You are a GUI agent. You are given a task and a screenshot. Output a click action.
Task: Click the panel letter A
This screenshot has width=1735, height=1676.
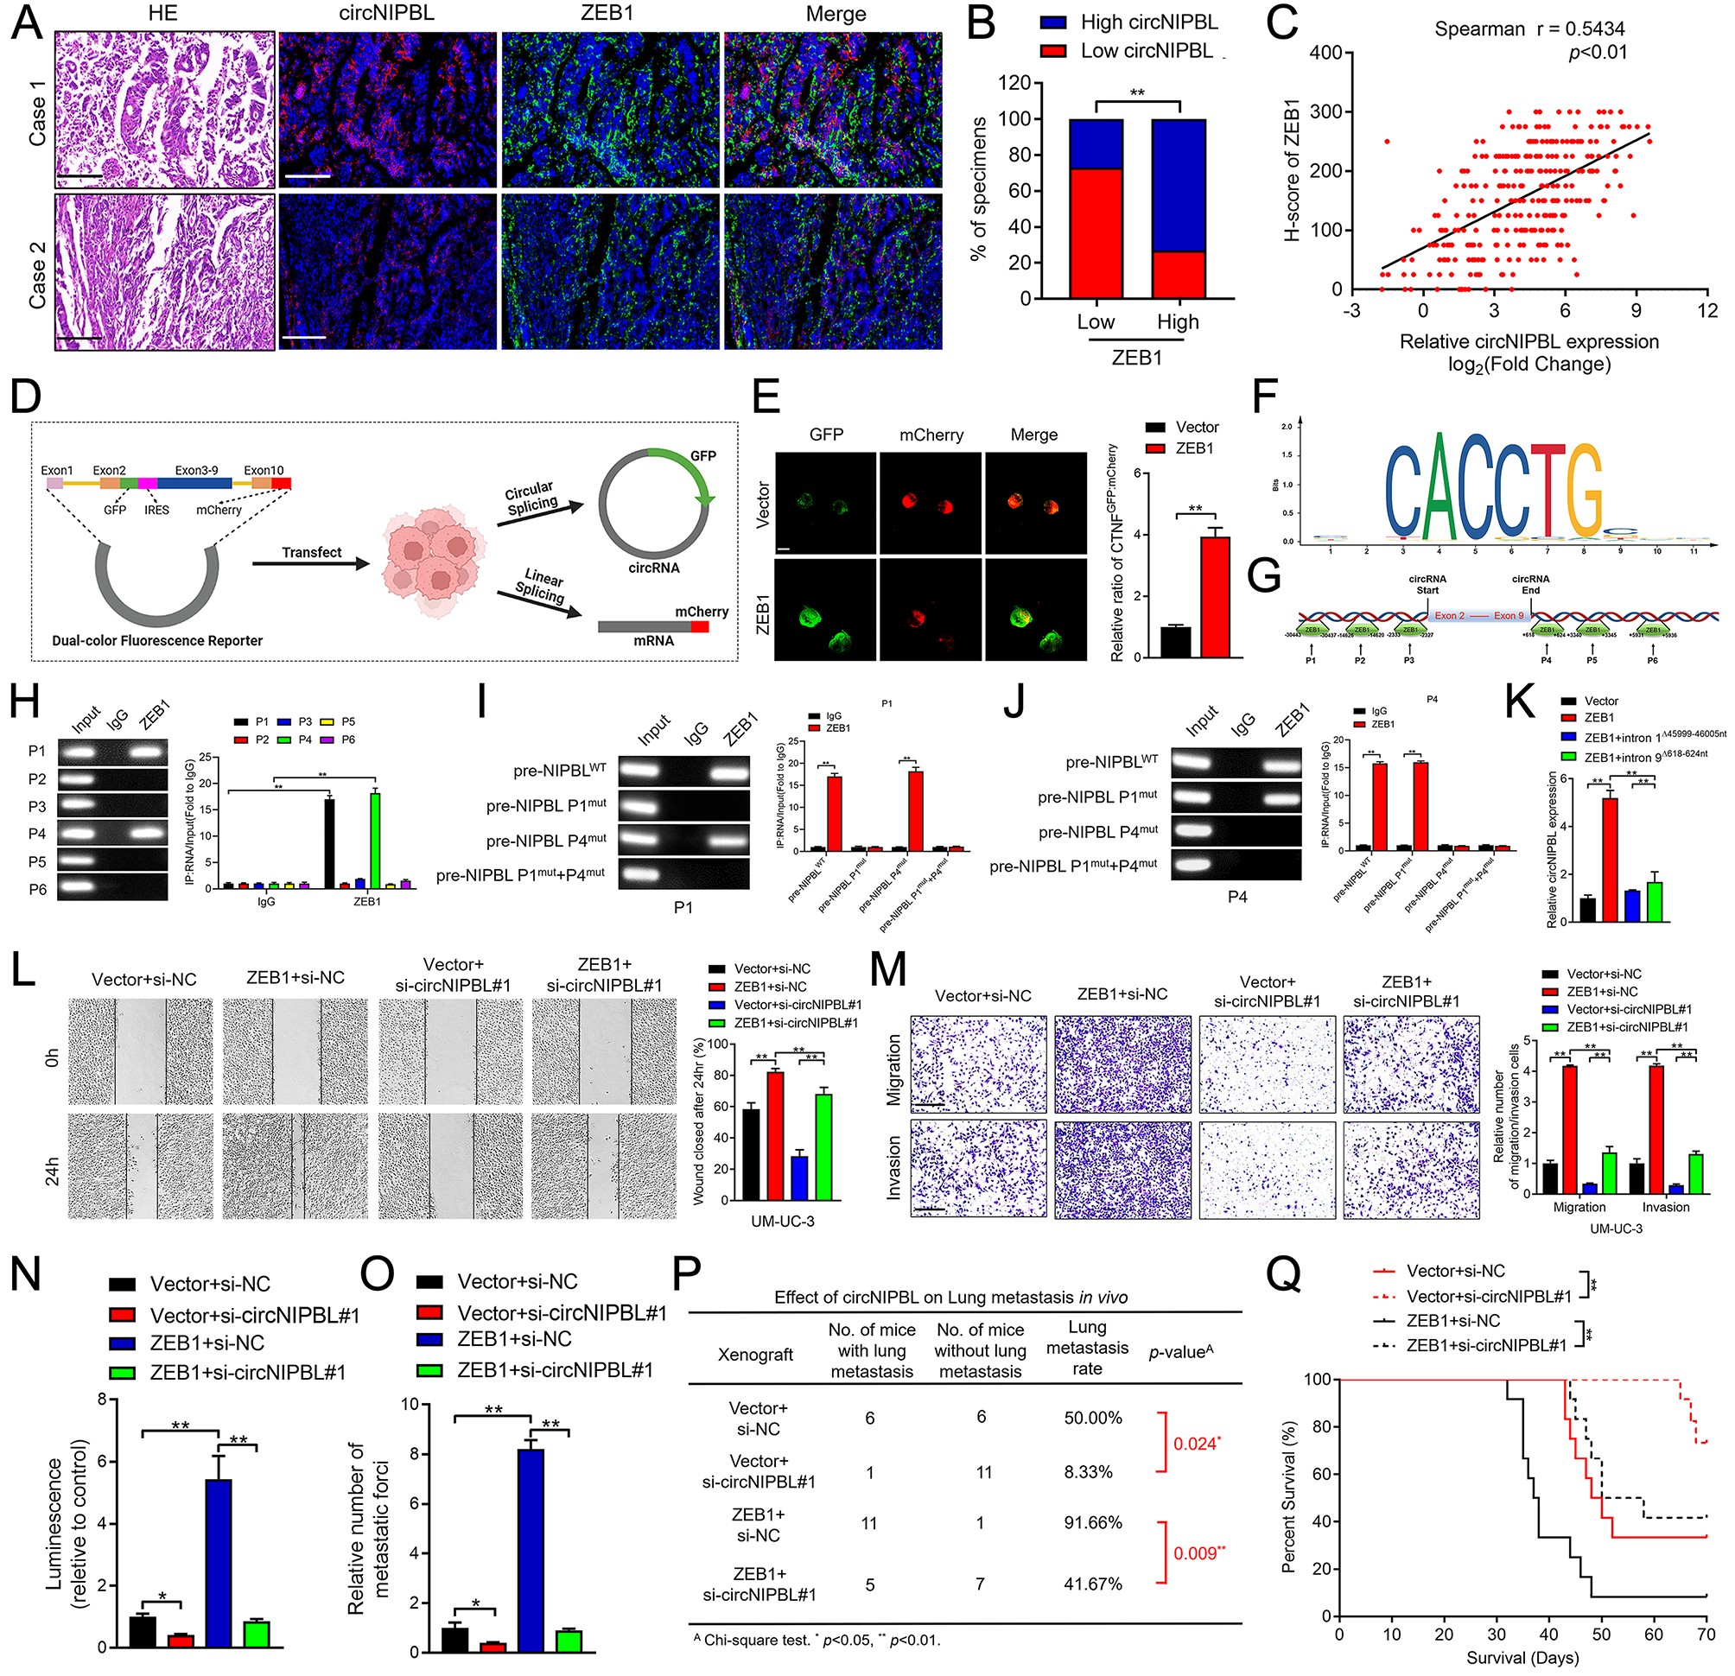click(x=27, y=22)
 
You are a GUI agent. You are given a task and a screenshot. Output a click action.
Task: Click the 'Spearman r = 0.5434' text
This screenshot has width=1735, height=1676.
click(x=1528, y=29)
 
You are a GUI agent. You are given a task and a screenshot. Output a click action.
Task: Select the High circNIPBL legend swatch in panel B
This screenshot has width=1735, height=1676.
click(x=1053, y=23)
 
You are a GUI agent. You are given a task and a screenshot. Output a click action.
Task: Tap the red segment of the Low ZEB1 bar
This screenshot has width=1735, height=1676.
click(x=1096, y=232)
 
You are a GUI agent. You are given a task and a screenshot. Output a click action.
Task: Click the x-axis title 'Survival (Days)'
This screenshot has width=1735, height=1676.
click(x=1522, y=1657)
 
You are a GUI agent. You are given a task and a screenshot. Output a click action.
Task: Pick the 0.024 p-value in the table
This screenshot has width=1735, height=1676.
click(x=1196, y=1444)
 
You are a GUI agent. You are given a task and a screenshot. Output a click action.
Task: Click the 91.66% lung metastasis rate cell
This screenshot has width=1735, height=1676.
click(x=1092, y=1522)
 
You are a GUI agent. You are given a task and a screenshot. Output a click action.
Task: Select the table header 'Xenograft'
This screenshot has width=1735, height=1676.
click(x=755, y=1354)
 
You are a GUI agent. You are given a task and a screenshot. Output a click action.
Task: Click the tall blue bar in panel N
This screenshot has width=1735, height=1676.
click(x=218, y=1562)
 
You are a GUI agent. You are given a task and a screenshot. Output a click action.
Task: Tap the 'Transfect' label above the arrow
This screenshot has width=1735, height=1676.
click(x=312, y=552)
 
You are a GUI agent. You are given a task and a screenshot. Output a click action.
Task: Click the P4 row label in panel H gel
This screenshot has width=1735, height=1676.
click(x=37, y=834)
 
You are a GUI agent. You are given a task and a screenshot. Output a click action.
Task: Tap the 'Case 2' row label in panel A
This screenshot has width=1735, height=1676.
click(x=37, y=271)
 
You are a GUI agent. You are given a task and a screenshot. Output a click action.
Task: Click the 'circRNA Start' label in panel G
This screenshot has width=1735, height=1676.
click(x=1426, y=584)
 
